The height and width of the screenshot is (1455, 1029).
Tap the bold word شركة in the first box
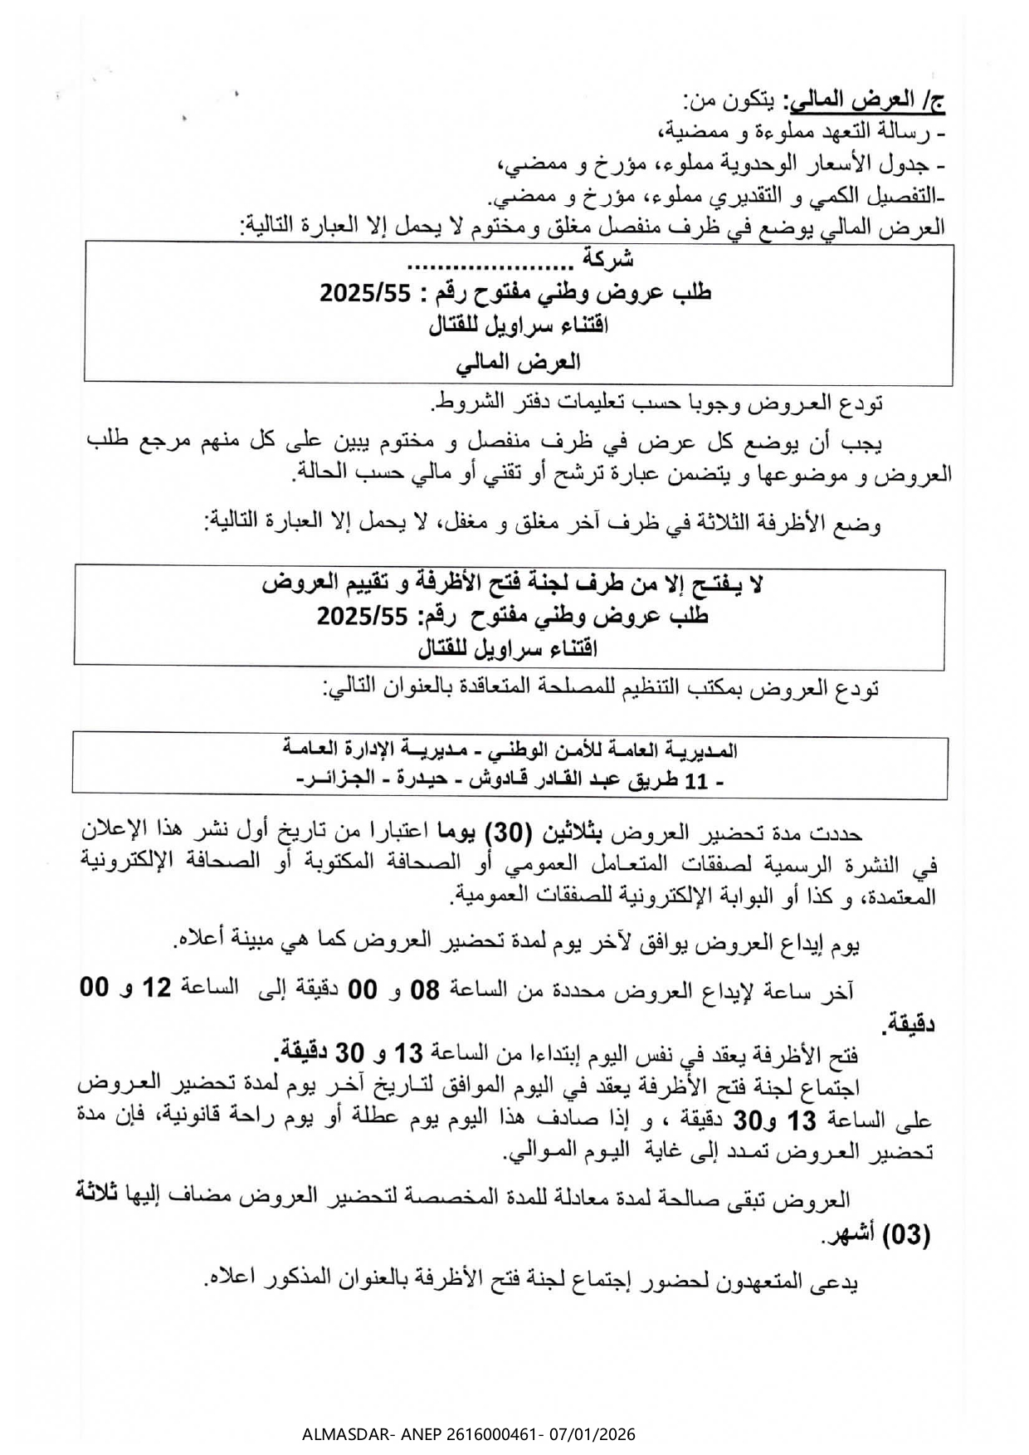click(607, 260)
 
